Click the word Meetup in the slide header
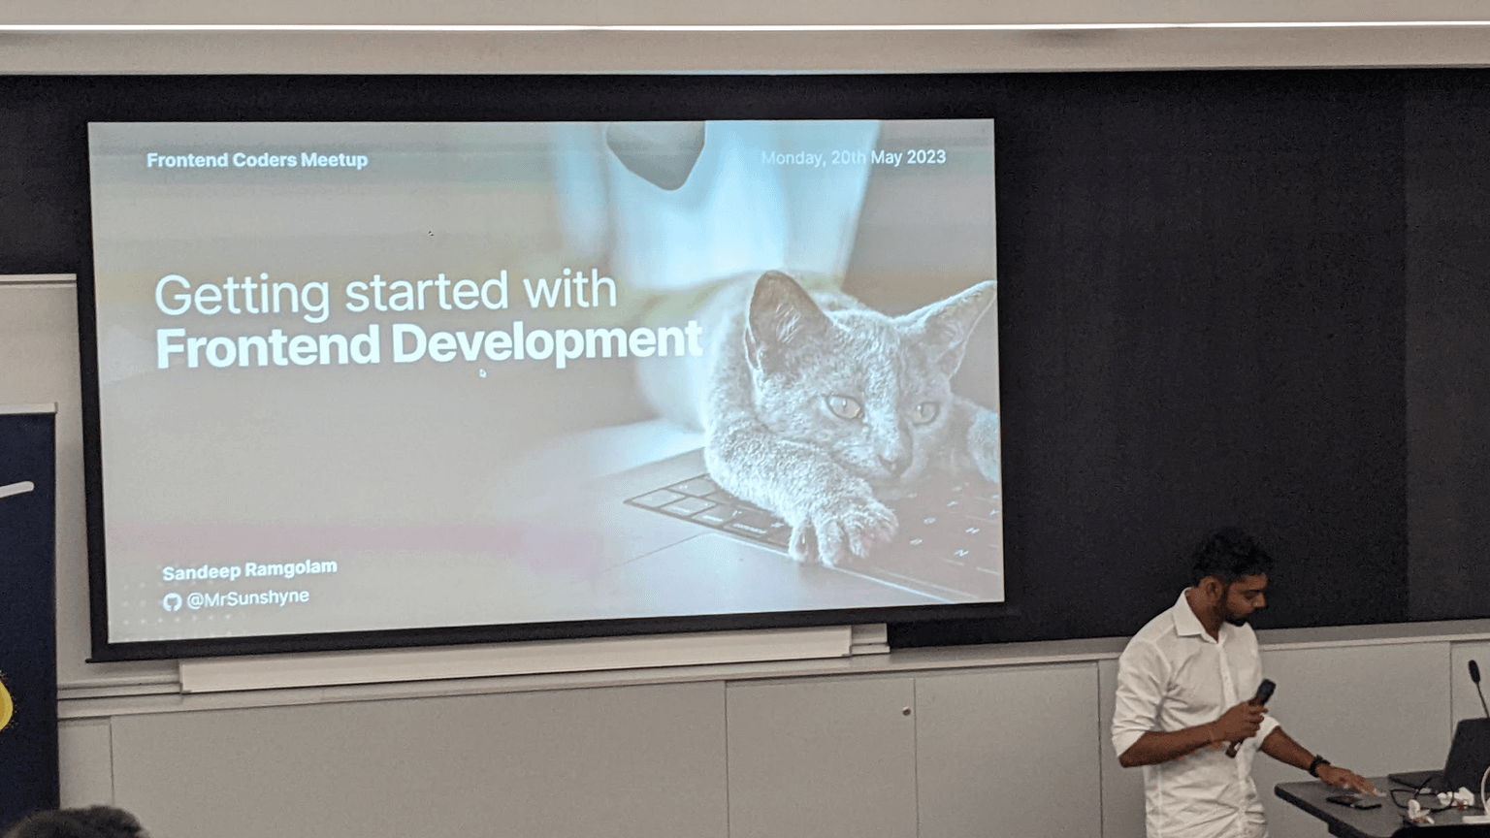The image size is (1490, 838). point(334,160)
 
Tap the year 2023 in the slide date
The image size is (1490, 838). point(926,157)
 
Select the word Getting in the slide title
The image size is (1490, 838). point(243,296)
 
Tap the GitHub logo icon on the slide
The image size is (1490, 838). point(173,602)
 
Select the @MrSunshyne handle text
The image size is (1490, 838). point(248,597)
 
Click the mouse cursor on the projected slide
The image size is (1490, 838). point(483,373)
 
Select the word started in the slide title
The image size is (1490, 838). point(426,293)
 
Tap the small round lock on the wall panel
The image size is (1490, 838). point(906,712)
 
